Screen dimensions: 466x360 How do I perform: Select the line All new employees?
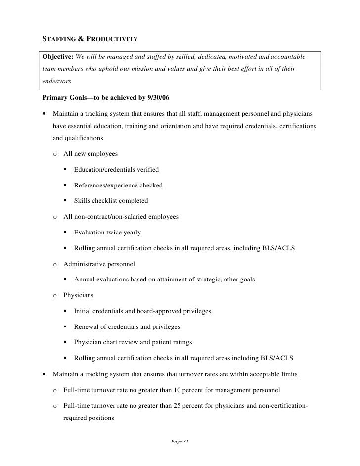pos(90,154)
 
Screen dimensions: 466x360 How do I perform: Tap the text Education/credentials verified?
pos(116,170)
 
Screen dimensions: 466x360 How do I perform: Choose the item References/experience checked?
pos(118,186)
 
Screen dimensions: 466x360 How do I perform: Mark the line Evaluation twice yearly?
pos(107,233)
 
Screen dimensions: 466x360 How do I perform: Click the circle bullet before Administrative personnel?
pos(56,264)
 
